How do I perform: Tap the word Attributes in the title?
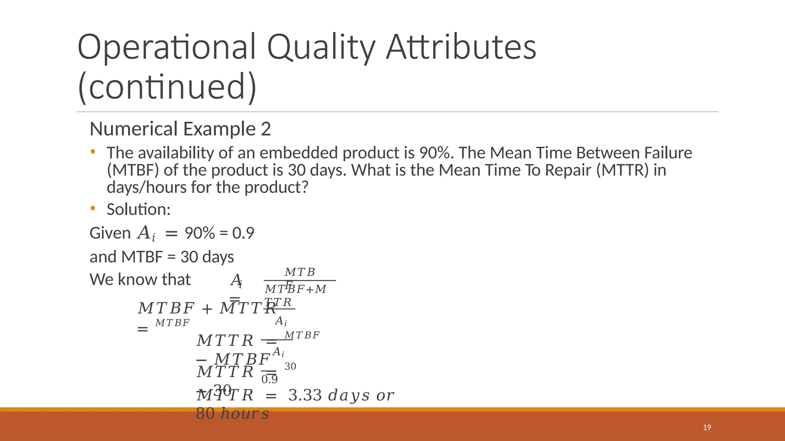461,47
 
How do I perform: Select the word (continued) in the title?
167,87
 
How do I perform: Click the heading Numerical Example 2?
180,129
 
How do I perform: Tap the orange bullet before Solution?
93,209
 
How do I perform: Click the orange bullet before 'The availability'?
93,152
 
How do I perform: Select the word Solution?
138,209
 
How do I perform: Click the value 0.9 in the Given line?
243,233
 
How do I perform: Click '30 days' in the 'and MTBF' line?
207,257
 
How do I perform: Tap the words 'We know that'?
140,279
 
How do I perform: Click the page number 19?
707,428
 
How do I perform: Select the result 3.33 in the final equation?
305,395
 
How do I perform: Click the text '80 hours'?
232,413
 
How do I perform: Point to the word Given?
110,233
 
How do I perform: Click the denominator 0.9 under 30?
269,379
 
